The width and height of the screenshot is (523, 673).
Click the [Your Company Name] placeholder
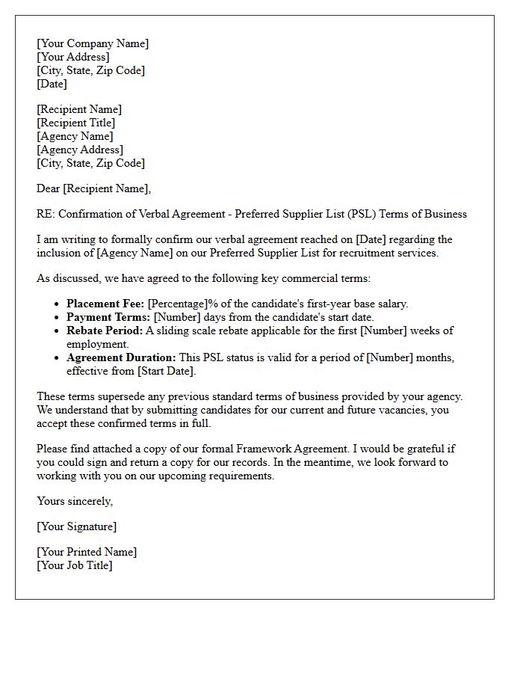[x=93, y=43]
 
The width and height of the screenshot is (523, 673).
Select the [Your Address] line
[x=73, y=57]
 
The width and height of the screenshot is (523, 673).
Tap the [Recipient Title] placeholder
[x=75, y=123]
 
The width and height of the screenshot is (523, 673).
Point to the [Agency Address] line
[x=79, y=150]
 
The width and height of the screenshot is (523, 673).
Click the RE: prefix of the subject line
[x=46, y=214]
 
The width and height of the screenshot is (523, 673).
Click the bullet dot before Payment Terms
[x=58, y=318]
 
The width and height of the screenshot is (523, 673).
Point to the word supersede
[x=120, y=396]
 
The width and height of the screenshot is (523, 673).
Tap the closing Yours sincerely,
[x=75, y=501]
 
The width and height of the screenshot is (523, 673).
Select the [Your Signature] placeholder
[x=76, y=526]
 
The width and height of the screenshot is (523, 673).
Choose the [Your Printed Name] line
[x=87, y=552]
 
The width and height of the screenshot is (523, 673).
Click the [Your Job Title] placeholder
[x=75, y=565]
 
